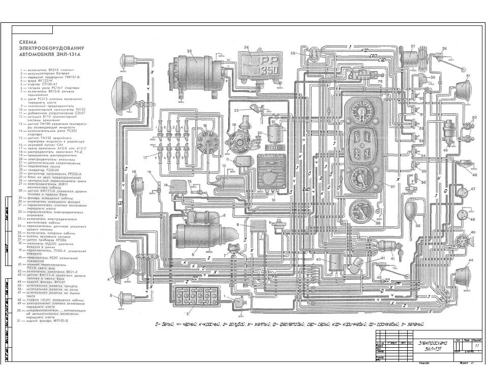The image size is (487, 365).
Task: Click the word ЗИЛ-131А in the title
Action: tap(69, 53)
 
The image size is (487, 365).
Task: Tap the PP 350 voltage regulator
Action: tap(261, 65)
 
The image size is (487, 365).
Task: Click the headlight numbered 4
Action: tap(123, 264)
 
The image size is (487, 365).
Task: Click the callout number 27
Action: tap(413, 47)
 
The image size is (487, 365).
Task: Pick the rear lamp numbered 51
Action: tap(461, 90)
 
